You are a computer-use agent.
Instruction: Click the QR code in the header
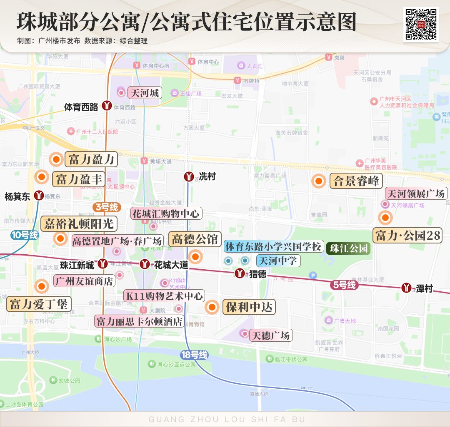tap(421, 24)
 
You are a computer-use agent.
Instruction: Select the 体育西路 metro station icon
tap(107, 106)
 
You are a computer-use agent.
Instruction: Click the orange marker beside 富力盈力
tap(55, 159)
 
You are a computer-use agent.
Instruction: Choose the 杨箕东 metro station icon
tap(39, 195)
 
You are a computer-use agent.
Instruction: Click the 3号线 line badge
tap(107, 207)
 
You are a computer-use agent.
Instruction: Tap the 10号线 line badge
tap(25, 235)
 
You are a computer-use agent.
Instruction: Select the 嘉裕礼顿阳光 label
tap(79, 223)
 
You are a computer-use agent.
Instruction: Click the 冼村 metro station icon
tap(189, 177)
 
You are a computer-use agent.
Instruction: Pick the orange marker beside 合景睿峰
tap(319, 181)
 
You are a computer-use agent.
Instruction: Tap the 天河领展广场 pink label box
tap(416, 194)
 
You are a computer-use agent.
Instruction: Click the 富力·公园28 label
tap(407, 236)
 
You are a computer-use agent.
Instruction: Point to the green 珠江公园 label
tap(349, 248)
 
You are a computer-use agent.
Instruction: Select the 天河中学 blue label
tap(278, 261)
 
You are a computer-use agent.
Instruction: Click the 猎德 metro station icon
tap(240, 273)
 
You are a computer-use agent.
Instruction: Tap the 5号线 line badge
tap(345, 285)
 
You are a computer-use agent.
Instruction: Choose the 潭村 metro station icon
tap(407, 288)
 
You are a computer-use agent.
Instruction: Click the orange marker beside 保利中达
tap(212, 307)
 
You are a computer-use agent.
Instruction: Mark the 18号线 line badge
tap(194, 355)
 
